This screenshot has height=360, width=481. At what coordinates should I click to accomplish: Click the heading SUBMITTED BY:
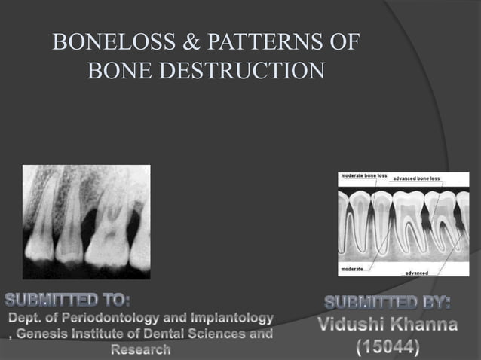(x=388, y=304)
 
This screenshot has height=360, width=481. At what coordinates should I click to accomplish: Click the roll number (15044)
(x=388, y=348)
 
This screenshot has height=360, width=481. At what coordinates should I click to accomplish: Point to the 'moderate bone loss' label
(x=364, y=175)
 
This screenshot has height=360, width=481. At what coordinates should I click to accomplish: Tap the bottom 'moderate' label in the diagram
(x=354, y=267)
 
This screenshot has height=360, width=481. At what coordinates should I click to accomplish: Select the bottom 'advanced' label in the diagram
(x=418, y=272)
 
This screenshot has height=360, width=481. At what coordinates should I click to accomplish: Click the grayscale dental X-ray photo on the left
(x=86, y=221)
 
